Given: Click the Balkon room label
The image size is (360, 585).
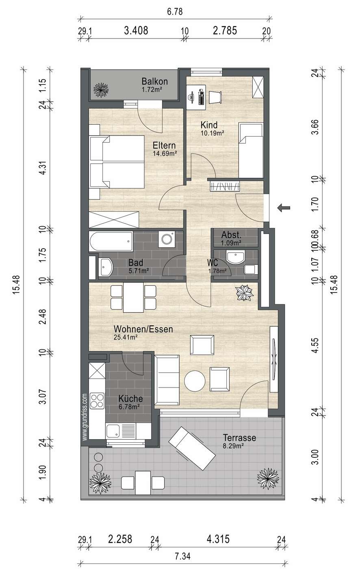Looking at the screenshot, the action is [x=155, y=81].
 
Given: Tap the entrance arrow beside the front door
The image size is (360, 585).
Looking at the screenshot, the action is [x=284, y=208].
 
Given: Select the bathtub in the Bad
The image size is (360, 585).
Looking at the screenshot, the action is [x=111, y=242].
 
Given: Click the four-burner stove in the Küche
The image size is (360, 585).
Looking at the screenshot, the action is [x=97, y=401].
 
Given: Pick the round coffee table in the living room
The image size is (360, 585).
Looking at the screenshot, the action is [x=195, y=381].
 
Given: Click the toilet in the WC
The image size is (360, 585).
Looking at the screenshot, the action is [x=251, y=269].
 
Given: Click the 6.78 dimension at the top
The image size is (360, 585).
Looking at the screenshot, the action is [x=175, y=12].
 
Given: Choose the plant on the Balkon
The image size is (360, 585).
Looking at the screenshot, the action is [x=101, y=90].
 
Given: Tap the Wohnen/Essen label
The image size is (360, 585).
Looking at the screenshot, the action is [x=143, y=329].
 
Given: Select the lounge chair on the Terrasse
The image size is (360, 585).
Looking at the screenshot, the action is [x=192, y=448].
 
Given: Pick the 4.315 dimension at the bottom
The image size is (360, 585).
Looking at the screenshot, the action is [x=218, y=539].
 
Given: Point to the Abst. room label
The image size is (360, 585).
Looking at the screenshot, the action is [x=231, y=235].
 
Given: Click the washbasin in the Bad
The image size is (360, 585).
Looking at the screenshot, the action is [x=106, y=267].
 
